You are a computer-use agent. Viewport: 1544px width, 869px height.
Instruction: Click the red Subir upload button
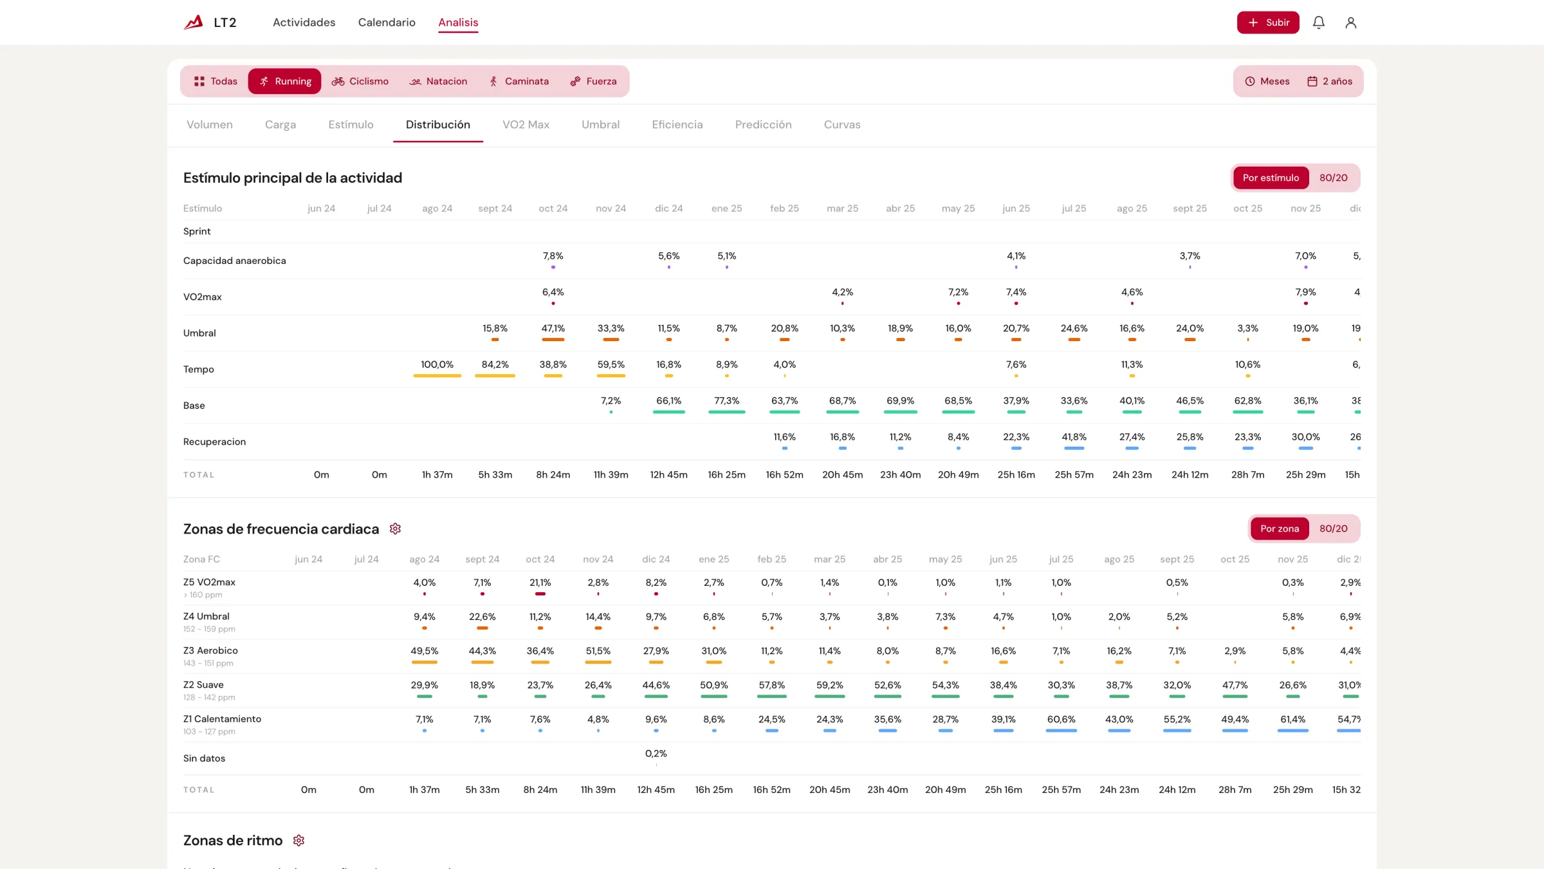click(1267, 23)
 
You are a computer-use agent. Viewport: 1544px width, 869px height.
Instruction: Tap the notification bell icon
click(1318, 23)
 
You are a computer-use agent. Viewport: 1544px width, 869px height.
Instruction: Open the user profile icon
click(1350, 23)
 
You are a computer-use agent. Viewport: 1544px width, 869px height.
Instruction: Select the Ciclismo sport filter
click(360, 81)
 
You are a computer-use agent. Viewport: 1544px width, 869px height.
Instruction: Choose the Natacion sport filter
click(438, 81)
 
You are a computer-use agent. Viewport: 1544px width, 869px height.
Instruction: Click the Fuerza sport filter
click(593, 81)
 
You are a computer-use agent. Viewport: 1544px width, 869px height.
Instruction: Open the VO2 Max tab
click(526, 124)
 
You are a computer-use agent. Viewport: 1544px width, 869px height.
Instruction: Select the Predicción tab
click(763, 124)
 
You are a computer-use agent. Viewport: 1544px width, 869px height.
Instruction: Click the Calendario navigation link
click(387, 23)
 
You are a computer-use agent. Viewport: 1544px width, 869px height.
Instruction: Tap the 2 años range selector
click(1329, 81)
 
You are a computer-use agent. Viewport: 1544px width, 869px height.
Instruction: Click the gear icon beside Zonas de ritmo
click(299, 841)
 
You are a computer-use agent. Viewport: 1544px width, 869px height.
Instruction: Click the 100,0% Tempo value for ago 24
click(437, 364)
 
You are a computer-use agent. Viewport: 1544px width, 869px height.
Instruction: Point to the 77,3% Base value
click(726, 400)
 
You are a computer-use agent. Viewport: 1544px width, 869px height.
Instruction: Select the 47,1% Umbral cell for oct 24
click(553, 328)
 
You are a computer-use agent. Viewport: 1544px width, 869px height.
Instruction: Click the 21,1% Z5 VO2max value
click(540, 583)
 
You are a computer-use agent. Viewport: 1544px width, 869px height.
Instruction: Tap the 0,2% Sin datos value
click(656, 753)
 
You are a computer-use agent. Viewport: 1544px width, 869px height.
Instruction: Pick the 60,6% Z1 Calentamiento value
click(1061, 719)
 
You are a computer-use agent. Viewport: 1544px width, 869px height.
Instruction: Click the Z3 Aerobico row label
click(210, 651)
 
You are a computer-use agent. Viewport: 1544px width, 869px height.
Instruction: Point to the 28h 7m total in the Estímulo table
click(1247, 474)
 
